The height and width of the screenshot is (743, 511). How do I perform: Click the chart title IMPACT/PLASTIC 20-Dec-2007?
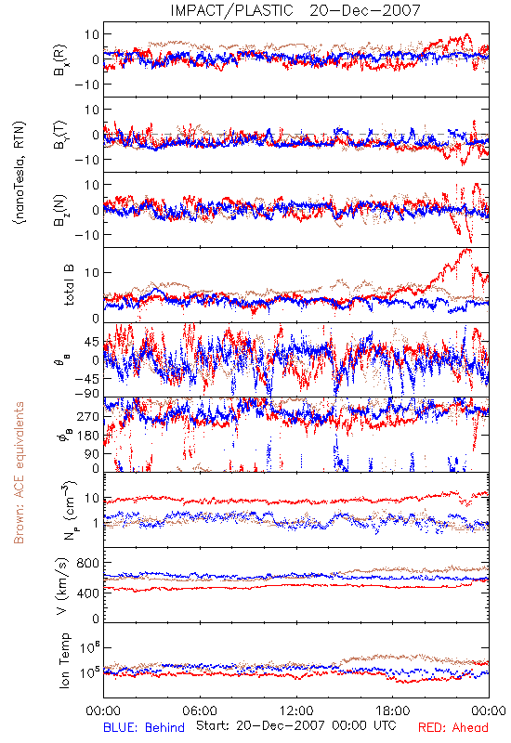pos(295,10)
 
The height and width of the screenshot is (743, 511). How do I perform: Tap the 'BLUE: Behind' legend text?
pos(144,727)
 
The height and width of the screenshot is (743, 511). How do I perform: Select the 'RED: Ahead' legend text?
pos(452,727)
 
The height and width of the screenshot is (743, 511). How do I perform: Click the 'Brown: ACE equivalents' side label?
pos(19,473)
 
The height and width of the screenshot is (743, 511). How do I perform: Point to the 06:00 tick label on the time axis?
pos(200,710)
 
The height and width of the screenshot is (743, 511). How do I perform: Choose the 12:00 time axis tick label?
pos(296,710)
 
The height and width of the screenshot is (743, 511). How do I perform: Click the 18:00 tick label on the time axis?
pos(393,710)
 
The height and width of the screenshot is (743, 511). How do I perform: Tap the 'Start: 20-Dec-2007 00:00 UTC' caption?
pos(296,725)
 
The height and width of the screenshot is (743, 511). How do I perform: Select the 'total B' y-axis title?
pos(69,285)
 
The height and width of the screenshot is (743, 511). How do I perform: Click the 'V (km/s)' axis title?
pos(62,586)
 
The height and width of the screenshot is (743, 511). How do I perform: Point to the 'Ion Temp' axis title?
pos(64,660)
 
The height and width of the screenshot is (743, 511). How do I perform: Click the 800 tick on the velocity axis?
pos(88,563)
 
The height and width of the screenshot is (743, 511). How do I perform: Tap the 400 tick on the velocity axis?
pos(88,593)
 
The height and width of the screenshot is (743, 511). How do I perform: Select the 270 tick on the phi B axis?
pos(88,416)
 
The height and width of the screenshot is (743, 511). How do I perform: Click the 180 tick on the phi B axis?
pos(88,436)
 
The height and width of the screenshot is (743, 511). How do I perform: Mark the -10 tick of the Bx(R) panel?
pos(86,85)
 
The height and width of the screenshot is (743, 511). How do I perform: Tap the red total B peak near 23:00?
pos(469,250)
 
